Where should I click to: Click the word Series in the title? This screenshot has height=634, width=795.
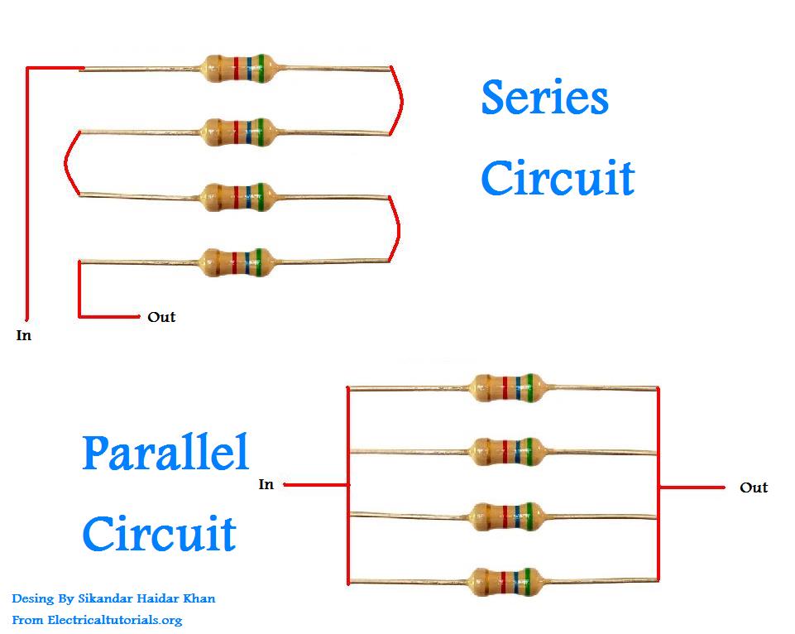coord(544,98)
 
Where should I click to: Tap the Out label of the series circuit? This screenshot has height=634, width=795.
coord(161,317)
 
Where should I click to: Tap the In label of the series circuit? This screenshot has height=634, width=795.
coord(24,336)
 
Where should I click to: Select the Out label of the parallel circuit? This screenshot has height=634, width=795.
coord(753,488)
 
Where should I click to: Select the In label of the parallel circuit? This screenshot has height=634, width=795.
coord(266,484)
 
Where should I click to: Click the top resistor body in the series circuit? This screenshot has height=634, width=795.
coord(238,65)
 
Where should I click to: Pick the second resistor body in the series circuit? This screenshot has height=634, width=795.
coord(238,130)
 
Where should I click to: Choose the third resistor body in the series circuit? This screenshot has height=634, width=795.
coord(238,196)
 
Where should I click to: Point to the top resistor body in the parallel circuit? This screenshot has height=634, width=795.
coord(507,386)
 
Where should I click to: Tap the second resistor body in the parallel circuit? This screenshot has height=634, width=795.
coord(507,450)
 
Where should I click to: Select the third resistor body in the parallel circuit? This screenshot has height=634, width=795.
coord(507,514)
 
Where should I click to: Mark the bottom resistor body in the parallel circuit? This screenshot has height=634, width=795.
coord(507,579)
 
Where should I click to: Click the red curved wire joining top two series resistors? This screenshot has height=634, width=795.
coord(399,100)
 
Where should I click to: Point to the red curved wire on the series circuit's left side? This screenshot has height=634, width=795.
coord(68,163)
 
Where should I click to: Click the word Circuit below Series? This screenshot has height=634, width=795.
coord(558,179)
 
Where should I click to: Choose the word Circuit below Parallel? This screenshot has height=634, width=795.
coord(159,534)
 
